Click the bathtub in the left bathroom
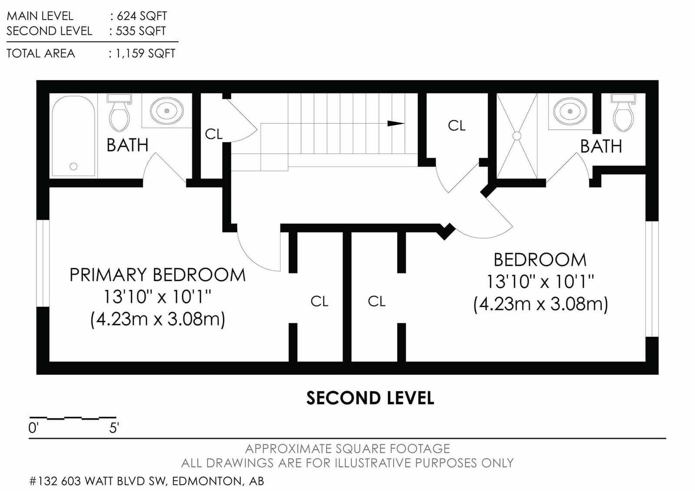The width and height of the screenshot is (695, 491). (x=73, y=136)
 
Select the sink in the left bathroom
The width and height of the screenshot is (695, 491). (x=167, y=110)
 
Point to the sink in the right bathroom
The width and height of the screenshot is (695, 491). (x=570, y=111)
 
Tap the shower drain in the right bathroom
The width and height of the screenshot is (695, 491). (x=516, y=136)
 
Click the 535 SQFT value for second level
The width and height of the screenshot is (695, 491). (x=141, y=31)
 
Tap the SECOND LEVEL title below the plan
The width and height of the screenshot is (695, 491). (x=370, y=398)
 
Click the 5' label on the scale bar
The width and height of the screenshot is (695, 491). (x=114, y=428)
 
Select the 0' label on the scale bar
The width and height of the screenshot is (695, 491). (x=33, y=428)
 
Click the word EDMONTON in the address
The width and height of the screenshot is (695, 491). (x=207, y=481)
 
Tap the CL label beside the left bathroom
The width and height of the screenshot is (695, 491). (x=214, y=134)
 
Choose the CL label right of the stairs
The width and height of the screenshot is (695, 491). (x=457, y=126)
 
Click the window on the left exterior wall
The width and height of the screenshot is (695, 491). (x=43, y=263)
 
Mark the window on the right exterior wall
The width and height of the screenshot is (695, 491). (x=652, y=279)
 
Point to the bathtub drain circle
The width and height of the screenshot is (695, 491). (x=73, y=166)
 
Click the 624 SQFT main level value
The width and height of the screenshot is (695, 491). (x=142, y=16)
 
